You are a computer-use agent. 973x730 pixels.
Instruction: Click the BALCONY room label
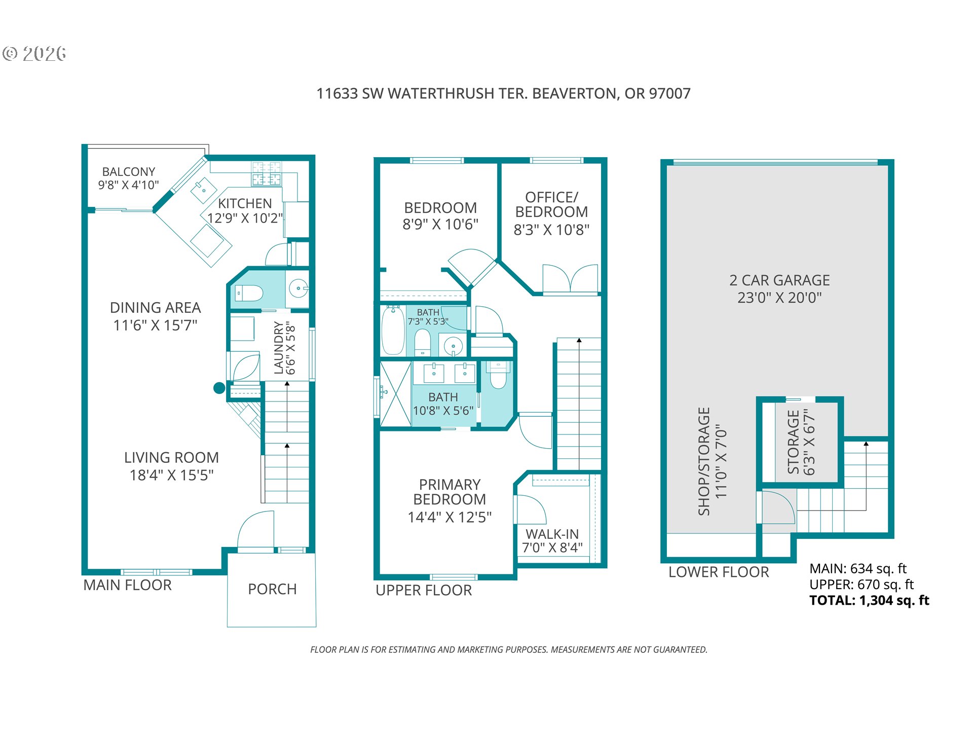pyautogui.click(x=129, y=172)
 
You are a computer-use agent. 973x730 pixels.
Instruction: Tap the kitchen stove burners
pyautogui.click(x=267, y=173)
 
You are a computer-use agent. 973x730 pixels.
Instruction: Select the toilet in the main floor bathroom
pyautogui.click(x=248, y=293)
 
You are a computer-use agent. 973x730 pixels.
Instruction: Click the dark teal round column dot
pyautogui.click(x=219, y=388)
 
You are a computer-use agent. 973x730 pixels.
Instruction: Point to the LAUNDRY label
pyautogui.click(x=278, y=348)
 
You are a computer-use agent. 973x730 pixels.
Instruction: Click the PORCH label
pyautogui.click(x=272, y=589)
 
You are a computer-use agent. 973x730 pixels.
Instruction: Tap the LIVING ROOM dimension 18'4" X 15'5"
pyautogui.click(x=172, y=475)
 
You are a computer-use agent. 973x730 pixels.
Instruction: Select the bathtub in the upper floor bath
pyautogui.click(x=393, y=330)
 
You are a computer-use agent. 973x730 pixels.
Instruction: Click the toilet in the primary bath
pyautogui.click(x=498, y=375)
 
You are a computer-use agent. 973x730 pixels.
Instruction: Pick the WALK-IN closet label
pyautogui.click(x=552, y=534)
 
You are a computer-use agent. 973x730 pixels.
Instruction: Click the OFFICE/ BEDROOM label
pyautogui.click(x=552, y=204)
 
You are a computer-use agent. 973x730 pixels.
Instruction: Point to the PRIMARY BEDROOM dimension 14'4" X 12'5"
pyautogui.click(x=450, y=517)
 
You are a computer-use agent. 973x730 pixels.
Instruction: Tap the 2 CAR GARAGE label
pyautogui.click(x=779, y=280)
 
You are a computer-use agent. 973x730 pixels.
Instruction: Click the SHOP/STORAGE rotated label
pyautogui.click(x=704, y=461)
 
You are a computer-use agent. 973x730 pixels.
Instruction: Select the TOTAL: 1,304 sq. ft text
pyautogui.click(x=869, y=601)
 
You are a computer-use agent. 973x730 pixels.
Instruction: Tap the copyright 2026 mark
pyautogui.click(x=34, y=53)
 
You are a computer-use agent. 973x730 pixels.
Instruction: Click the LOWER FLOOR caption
pyautogui.click(x=719, y=572)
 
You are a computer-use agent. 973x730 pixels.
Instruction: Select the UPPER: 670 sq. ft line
pyautogui.click(x=862, y=585)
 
